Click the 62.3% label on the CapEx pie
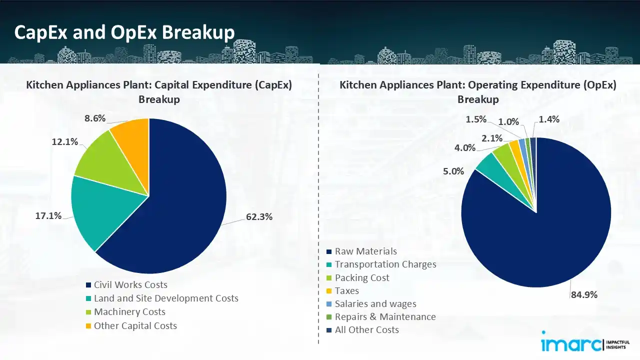click(x=259, y=217)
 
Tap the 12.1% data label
click(x=65, y=141)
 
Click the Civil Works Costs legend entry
click(x=130, y=285)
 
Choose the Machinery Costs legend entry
click(x=129, y=312)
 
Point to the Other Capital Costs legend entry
click(x=135, y=326)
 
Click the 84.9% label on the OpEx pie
click(x=584, y=294)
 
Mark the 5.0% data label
click(x=453, y=171)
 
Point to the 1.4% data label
click(x=549, y=119)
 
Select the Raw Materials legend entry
click(x=365, y=251)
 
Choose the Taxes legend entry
click(x=346, y=290)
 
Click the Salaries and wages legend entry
click(x=375, y=303)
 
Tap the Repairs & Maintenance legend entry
click(x=385, y=316)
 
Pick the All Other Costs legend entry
click(x=366, y=330)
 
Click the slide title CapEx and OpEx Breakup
click(x=124, y=32)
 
